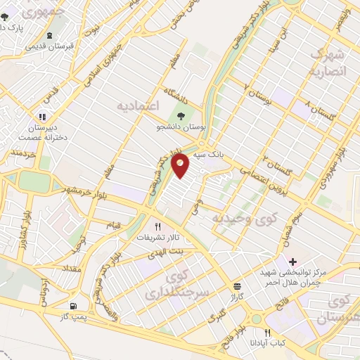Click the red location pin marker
(182, 166)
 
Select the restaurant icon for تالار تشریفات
(158, 227)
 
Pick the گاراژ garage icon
(237, 287)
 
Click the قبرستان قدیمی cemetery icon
(49, 35)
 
